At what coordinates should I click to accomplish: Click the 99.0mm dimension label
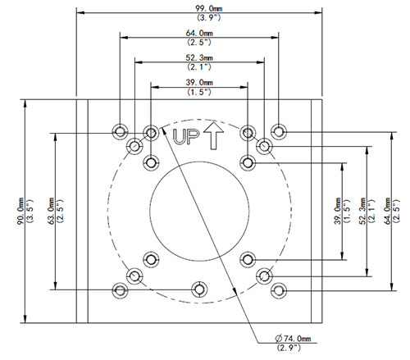pos(208,8)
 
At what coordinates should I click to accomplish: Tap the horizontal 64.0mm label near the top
pos(199,33)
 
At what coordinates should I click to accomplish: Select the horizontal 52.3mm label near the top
pos(199,57)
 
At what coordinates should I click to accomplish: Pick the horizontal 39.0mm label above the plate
pos(199,82)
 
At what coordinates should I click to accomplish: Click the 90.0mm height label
pos(20,211)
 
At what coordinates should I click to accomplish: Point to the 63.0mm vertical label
pos(51,211)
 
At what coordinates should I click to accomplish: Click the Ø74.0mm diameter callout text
pos(293,339)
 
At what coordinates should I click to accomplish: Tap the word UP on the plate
pos(186,137)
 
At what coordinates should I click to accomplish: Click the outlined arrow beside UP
pos(213,135)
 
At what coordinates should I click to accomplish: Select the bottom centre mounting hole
pos(199,289)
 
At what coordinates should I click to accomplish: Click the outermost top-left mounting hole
pos(120,132)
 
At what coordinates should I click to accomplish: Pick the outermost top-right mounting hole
pos(279,131)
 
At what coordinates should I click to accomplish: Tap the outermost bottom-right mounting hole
pos(279,290)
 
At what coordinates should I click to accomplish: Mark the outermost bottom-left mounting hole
pos(120,290)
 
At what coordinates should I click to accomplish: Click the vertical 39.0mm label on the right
pos(338,211)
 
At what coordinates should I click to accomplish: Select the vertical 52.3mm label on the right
pos(362,211)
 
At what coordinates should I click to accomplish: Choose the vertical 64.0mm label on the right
pos(387,211)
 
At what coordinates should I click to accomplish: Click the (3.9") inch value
pos(208,17)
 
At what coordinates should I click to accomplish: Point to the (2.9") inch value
pos(289,348)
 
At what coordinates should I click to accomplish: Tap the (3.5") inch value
pos(30,211)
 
